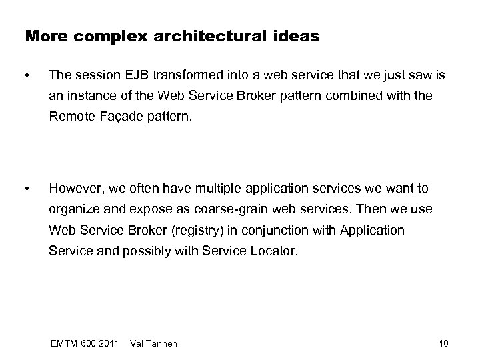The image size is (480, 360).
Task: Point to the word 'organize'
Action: [72, 209]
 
